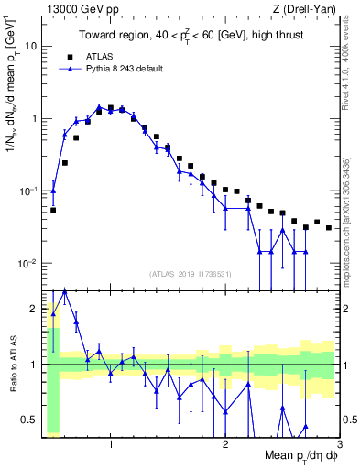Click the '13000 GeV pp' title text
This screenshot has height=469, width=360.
pyautogui.click(x=76, y=10)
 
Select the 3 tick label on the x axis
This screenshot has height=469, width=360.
pyautogui.click(x=339, y=444)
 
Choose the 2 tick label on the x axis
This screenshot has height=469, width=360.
pyautogui.click(x=224, y=444)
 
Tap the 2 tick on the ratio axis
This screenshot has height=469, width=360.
pyautogui.click(x=34, y=309)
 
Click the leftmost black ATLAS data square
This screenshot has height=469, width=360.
pyautogui.click(x=53, y=210)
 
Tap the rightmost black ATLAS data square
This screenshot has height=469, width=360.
pyautogui.click(x=329, y=227)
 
